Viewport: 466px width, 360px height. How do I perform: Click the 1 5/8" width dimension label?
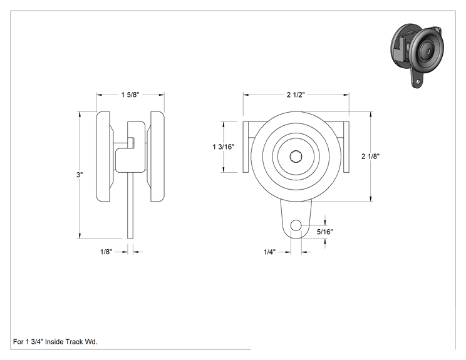(130, 95)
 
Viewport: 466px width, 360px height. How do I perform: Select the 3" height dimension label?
(80, 175)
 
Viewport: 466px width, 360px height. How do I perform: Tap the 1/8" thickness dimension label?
(106, 252)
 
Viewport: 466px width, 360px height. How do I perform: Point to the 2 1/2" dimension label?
(296, 95)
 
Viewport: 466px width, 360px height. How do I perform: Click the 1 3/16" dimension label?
(224, 147)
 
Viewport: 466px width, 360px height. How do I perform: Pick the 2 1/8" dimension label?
(370, 157)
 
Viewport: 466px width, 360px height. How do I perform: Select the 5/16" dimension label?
(324, 232)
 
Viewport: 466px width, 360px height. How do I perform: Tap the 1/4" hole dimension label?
(269, 252)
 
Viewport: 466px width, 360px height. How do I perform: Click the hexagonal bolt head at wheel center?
(296, 157)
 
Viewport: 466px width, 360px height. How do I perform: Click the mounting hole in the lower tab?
(296, 225)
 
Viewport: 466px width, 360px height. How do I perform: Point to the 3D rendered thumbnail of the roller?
(417, 55)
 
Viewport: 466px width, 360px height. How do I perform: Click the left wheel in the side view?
(104, 157)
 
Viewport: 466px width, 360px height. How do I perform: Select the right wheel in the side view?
(157, 157)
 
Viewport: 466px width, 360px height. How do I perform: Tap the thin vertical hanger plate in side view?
(130, 205)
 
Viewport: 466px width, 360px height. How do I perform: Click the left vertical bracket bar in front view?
(246, 147)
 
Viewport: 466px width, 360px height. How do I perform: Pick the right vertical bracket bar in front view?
(346, 147)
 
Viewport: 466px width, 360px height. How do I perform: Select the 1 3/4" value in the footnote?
(34, 342)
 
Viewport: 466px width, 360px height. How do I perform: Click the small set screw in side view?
(132, 143)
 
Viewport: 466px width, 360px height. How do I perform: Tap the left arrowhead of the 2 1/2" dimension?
(246, 95)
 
